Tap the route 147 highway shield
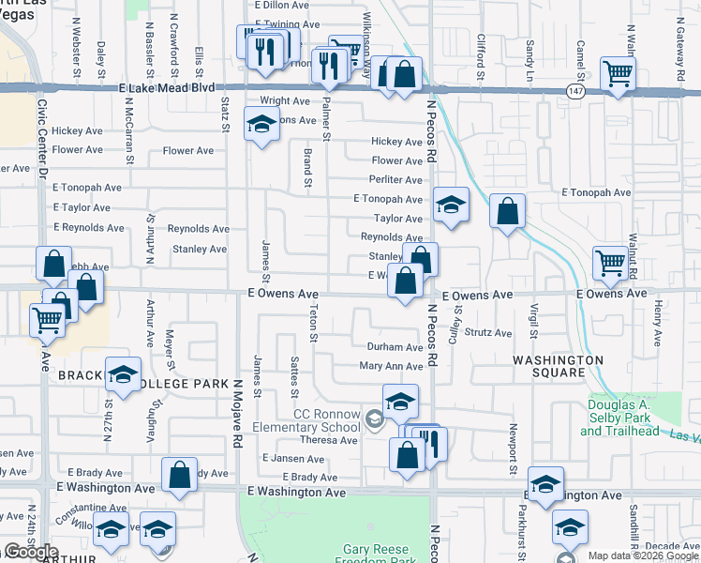pos(575,88)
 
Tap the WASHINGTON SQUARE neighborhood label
pos(558,366)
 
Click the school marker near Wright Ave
pos(262,124)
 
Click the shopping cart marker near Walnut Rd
pos(610,263)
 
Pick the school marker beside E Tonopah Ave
pos(451,205)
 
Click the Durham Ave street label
pos(395,347)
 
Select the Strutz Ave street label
pos(488,333)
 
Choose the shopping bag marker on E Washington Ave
pos(179,475)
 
